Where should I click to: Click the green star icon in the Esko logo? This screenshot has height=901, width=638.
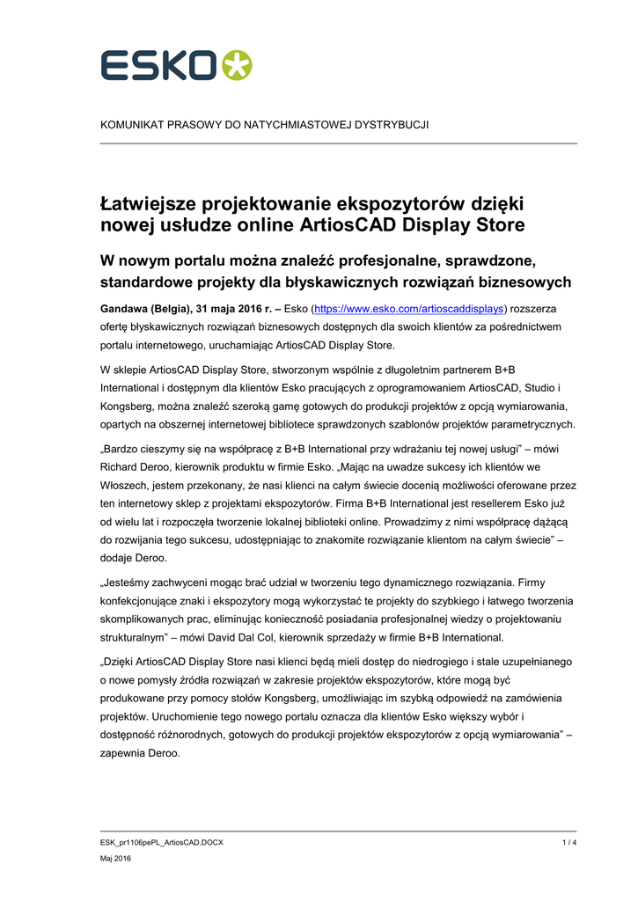point(236,65)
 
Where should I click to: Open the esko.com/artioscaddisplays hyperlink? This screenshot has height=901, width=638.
point(410,309)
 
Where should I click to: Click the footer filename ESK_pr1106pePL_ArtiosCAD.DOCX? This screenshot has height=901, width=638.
point(162,842)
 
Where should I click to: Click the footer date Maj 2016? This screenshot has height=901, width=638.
point(116,859)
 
